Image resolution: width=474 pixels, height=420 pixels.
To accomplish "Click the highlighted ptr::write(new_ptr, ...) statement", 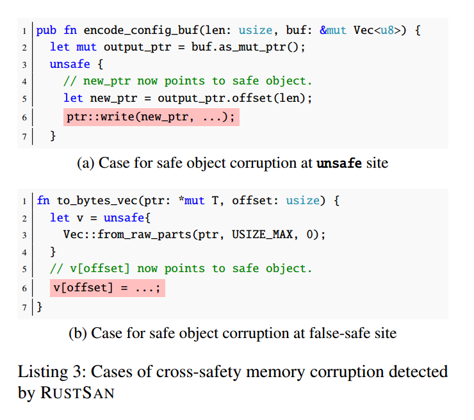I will pos(151,117).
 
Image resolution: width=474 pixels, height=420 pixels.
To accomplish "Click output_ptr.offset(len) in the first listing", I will pos(234,98).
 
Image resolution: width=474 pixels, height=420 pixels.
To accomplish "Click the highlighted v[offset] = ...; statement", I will pos(106,288).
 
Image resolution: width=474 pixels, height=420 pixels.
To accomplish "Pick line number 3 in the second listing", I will pos(24,235).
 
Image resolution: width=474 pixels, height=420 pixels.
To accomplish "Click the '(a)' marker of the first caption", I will pos(86,163).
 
